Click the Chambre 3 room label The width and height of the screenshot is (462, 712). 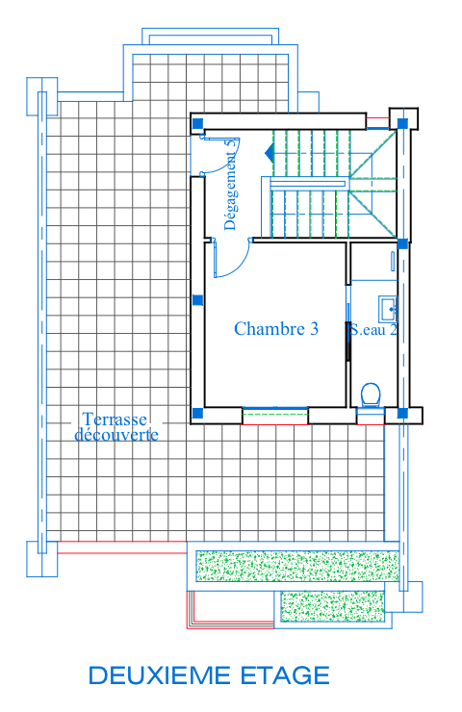click(276, 329)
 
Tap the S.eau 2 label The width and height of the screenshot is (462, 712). click(373, 330)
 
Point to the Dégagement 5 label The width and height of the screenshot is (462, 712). click(230, 184)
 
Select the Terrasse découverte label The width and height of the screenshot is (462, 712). click(116, 427)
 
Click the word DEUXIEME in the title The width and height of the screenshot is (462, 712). click(160, 675)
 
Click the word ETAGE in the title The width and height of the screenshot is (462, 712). click(285, 675)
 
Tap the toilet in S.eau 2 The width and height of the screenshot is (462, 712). click(371, 394)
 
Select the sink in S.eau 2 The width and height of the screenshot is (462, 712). click(388, 309)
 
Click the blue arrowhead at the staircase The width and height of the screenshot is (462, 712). click(269, 153)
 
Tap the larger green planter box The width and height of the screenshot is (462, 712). click(297, 566)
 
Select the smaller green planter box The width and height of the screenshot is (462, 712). click(332, 606)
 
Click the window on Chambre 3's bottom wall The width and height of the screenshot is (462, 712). click(275, 416)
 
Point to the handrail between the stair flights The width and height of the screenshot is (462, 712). click(308, 184)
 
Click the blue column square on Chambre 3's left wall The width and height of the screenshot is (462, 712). click(197, 300)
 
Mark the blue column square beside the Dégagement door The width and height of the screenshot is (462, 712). click(197, 123)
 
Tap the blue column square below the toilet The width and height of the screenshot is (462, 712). click(402, 413)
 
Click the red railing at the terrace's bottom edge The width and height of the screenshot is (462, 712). click(122, 547)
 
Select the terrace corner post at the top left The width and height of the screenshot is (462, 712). click(41, 96)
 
